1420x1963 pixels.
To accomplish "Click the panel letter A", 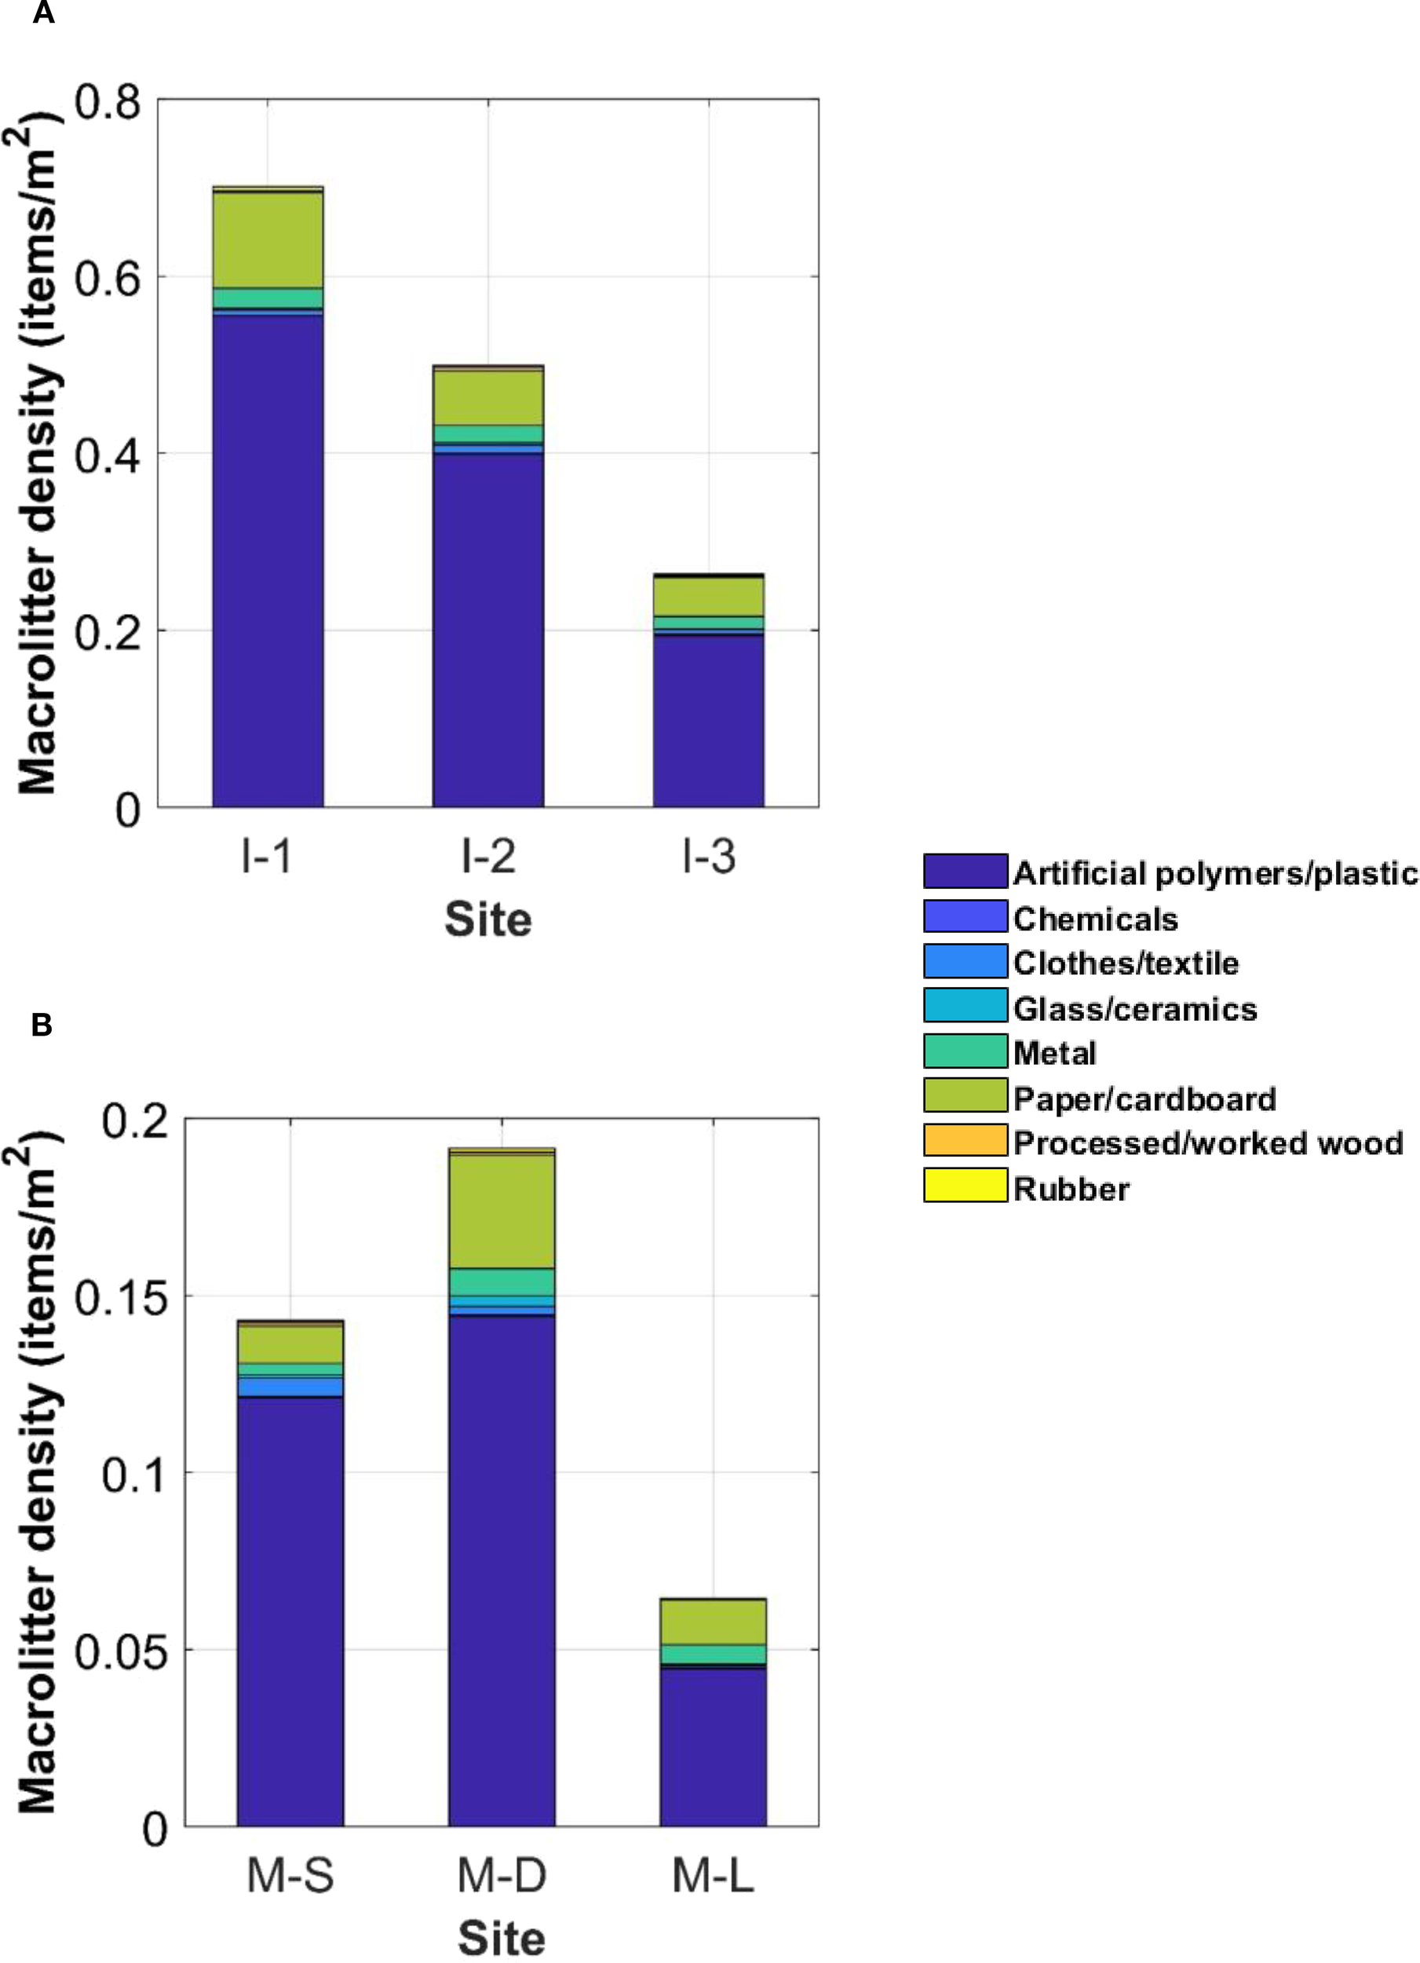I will [x=43, y=14].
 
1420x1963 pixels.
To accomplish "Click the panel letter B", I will [x=42, y=1025].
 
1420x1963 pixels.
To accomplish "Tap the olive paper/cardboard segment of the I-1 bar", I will [x=268, y=239].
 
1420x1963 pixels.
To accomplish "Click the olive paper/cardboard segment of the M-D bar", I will [x=501, y=1212].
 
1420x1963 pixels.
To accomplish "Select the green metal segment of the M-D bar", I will [x=501, y=1281].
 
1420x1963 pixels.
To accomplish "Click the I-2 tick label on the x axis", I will [x=488, y=857].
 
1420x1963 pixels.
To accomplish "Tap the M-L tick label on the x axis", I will [x=712, y=1876].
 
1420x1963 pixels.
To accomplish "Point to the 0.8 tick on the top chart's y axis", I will [x=108, y=102].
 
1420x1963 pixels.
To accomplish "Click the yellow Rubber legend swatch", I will [x=965, y=1185].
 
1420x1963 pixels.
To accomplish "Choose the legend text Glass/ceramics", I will [x=1134, y=1008].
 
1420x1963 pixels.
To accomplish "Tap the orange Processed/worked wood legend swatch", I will [x=965, y=1140].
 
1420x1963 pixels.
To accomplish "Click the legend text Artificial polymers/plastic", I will [x=1215, y=873].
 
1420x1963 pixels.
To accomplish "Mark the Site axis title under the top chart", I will [x=488, y=919].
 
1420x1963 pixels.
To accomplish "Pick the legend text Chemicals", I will [x=1095, y=919].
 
